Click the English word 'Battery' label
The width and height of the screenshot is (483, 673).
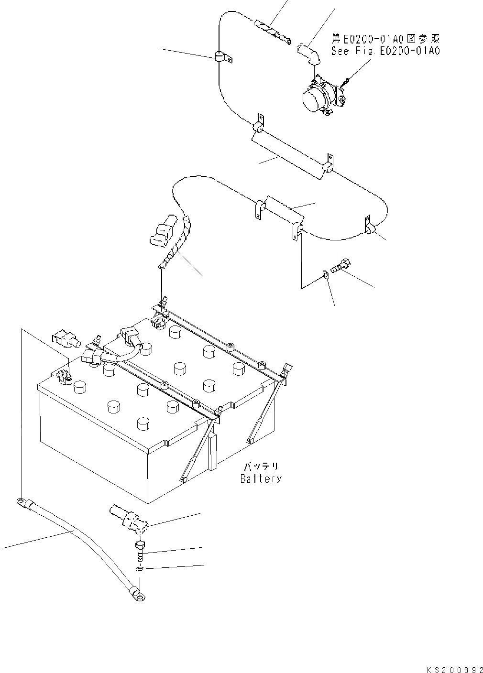click(x=261, y=478)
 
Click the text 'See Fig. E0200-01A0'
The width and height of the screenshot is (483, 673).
click(x=385, y=51)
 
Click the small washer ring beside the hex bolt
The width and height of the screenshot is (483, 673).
click(x=325, y=274)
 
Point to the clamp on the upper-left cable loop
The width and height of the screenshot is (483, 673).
click(x=220, y=58)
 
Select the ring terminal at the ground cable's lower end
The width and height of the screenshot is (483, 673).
click(x=139, y=595)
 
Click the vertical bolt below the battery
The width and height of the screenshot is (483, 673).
click(x=139, y=553)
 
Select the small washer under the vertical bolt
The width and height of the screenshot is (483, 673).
click(x=139, y=569)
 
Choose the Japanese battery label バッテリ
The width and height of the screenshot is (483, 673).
click(x=261, y=467)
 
